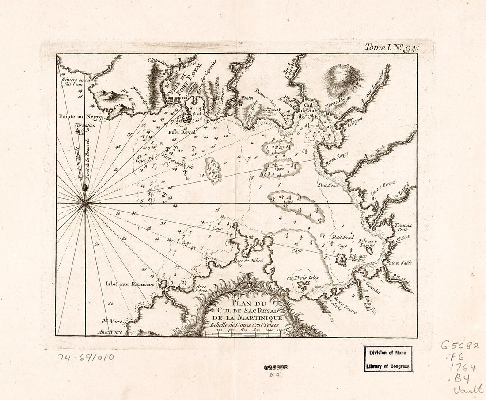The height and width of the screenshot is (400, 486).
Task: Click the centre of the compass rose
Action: point(85,203)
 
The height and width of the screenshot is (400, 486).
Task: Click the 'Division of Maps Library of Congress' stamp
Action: point(388,358)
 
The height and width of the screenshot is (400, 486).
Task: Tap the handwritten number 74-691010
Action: point(85,357)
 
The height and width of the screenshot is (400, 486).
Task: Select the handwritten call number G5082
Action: point(459,346)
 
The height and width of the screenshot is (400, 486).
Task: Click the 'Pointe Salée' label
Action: point(399,263)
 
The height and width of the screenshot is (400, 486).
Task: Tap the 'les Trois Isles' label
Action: point(303,278)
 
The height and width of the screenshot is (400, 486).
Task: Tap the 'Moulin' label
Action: point(246,98)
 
